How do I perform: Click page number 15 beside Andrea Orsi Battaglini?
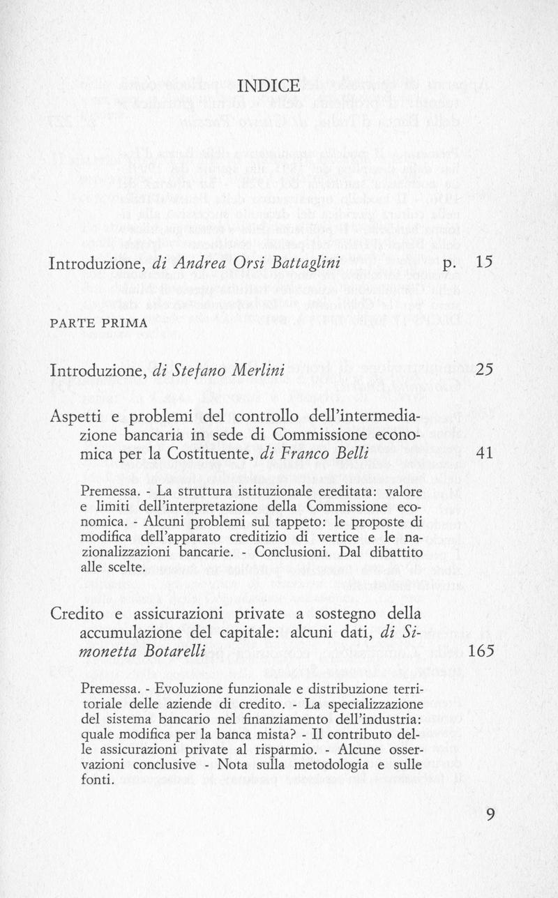click(484, 264)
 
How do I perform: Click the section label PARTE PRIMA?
click(98, 323)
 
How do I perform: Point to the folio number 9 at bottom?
click(490, 814)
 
